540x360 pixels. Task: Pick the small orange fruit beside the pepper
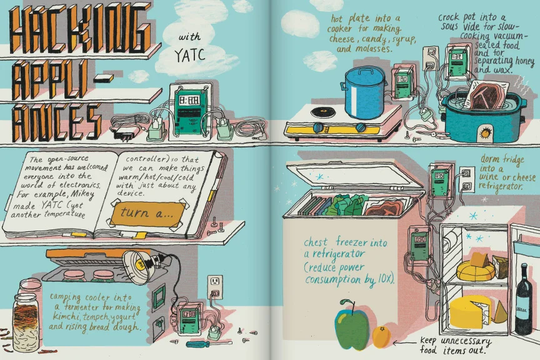(381, 336)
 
